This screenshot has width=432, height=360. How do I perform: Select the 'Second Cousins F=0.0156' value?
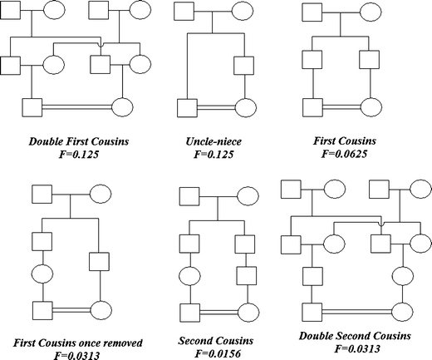[217, 353]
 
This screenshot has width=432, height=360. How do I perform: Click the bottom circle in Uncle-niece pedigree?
[245, 108]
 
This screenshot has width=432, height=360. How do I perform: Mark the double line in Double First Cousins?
[76, 107]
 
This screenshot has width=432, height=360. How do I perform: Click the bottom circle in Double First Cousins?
[122, 107]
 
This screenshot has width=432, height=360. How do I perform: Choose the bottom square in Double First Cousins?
[32, 107]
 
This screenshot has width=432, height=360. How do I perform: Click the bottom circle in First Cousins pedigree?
[370, 108]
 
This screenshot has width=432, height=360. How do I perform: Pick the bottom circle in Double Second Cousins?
[405, 313]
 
